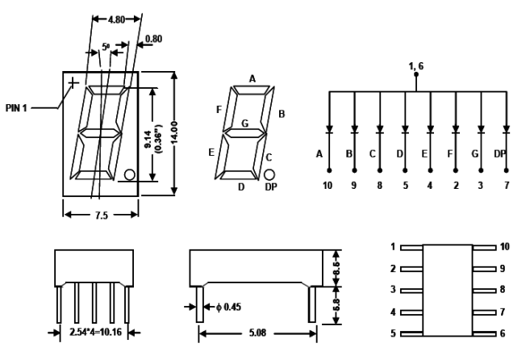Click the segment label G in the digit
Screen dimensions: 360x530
pyautogui.click(x=244, y=123)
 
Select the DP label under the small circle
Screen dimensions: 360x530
pyautogui.click(x=271, y=187)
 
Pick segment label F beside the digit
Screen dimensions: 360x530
pyautogui.click(x=219, y=108)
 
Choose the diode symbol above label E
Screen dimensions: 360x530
pyautogui.click(x=430, y=128)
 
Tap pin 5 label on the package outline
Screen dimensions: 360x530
pyautogui.click(x=393, y=333)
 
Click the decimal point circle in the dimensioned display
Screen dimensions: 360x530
pyautogui.click(x=130, y=174)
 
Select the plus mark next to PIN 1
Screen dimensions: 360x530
pyautogui.click(x=73, y=82)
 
